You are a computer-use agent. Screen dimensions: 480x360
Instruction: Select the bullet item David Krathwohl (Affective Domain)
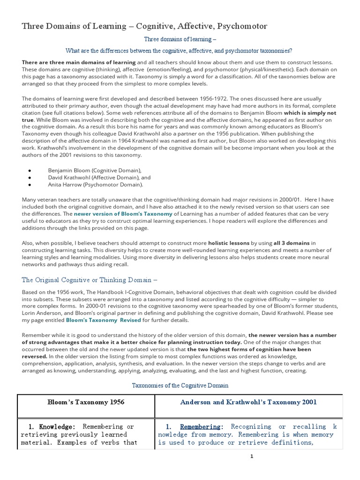click(99, 178)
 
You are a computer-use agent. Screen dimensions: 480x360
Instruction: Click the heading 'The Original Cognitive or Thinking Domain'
click(90, 280)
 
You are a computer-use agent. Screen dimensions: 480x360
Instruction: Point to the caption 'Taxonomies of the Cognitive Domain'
click(180, 385)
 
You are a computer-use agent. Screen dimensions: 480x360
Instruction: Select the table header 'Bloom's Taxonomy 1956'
click(86, 402)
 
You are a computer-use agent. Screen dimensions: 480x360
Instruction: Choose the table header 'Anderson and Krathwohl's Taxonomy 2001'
click(248, 402)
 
